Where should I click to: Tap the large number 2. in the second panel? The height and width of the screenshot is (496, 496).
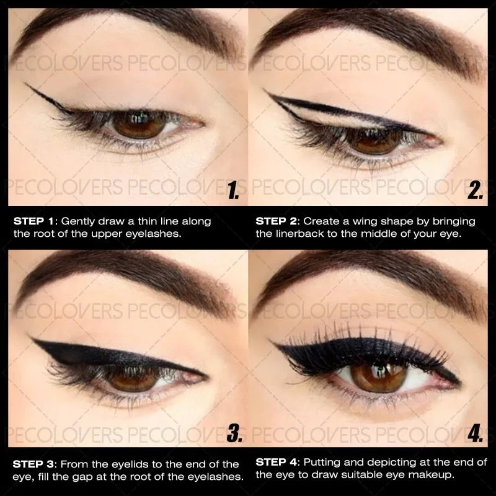[476, 190]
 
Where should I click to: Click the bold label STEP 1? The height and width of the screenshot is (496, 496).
[35, 221]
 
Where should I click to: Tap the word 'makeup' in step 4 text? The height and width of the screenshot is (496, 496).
[437, 476]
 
